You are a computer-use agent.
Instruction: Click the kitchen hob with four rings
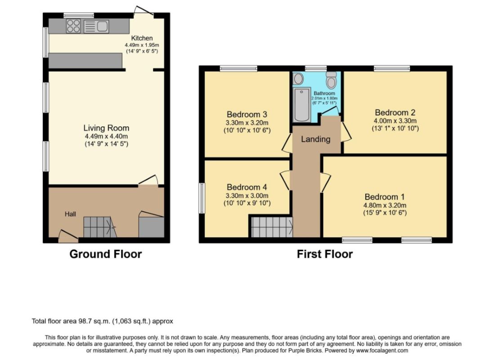pos(73,26)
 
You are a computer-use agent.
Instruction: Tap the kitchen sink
pos(96,26)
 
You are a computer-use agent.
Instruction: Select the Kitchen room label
pos(142,38)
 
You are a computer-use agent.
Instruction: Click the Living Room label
pos(106,128)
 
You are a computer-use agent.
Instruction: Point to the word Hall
pos(71,214)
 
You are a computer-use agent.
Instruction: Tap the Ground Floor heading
pos(106,254)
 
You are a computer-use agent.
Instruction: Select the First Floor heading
pos(325,254)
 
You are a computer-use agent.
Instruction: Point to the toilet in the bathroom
pos(332,80)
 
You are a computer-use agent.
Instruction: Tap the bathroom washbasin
pos(299,78)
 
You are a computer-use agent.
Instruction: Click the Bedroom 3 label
pos(247,114)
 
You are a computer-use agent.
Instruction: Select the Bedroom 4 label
pos(247,187)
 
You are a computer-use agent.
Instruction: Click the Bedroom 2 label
pos(395,113)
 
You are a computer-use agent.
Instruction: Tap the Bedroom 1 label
pos(385,197)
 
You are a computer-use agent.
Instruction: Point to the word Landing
pos(316,139)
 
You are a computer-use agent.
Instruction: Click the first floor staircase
pos(272,227)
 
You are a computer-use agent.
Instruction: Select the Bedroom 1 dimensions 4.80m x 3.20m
pos(385,205)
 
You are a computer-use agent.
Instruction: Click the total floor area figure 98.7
pos(85,321)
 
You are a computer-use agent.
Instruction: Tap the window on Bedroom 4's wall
pos(202,198)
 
